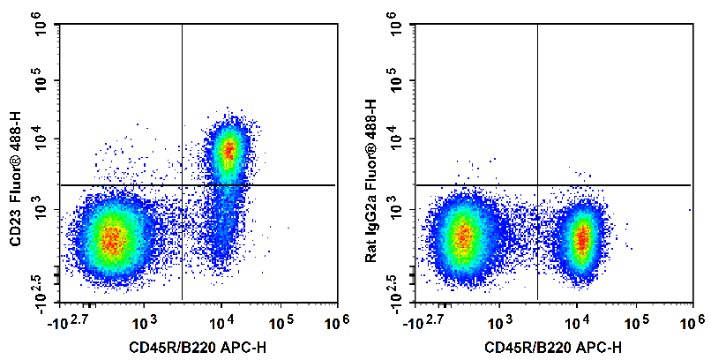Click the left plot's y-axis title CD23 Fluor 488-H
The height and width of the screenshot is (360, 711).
point(15,180)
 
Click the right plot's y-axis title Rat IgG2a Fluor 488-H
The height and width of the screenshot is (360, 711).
point(370,180)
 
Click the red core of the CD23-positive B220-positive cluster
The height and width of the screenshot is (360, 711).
point(228,152)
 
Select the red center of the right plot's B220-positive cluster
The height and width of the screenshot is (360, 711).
point(582,238)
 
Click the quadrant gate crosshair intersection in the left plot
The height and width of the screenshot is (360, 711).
point(182,185)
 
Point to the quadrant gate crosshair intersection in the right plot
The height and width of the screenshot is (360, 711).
point(537,185)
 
